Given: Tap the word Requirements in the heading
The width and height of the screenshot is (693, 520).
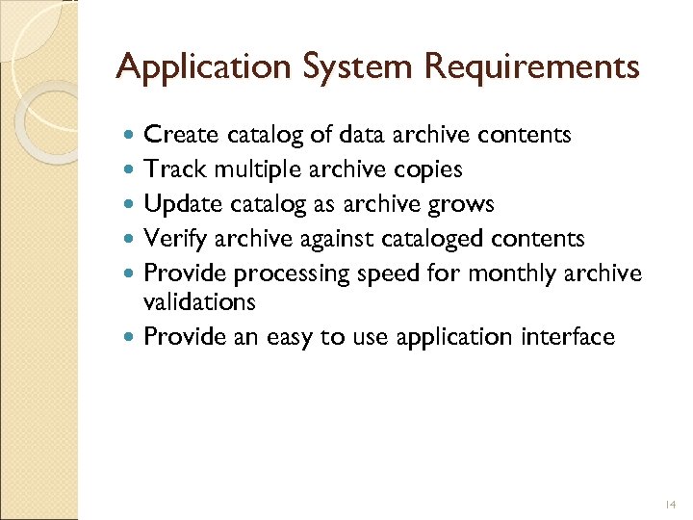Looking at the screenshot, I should (x=532, y=67).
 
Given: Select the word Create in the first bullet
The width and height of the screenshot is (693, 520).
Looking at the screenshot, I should (x=179, y=136).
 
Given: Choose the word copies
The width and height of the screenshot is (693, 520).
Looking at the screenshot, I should (x=427, y=170).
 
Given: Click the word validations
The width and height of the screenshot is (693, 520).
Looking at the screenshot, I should (x=199, y=302).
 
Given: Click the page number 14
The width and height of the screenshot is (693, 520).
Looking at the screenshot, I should (x=671, y=504).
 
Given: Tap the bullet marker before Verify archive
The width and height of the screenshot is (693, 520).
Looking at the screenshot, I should (x=131, y=240).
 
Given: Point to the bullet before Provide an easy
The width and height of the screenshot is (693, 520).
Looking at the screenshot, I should (x=131, y=338).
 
